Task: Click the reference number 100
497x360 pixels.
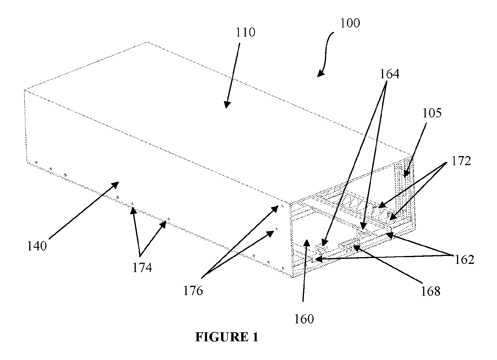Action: point(350,23)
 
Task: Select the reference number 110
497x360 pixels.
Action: point(245,32)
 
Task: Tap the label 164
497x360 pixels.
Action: point(390,74)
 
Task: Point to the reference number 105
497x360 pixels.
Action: point(432,113)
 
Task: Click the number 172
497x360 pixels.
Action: point(461,161)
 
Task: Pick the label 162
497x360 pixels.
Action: point(464,259)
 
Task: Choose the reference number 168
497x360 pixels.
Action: point(430,291)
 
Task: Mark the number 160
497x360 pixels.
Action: point(304,319)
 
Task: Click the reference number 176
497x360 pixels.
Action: point(193,291)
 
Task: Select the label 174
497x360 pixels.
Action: point(142,267)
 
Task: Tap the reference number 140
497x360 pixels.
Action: point(37,246)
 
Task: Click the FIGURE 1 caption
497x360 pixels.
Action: point(227,337)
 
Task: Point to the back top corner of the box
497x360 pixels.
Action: point(147,42)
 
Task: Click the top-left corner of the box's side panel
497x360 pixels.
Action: point(25,90)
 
